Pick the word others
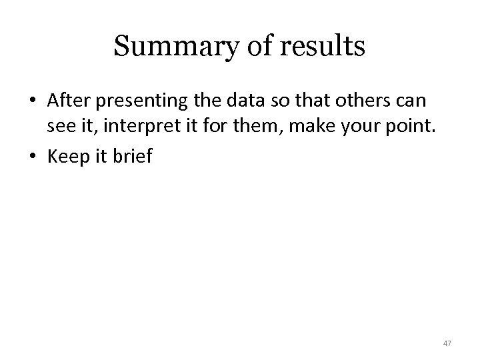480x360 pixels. pyautogui.click(x=357, y=101)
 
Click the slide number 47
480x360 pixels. pyautogui.click(x=447, y=343)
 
